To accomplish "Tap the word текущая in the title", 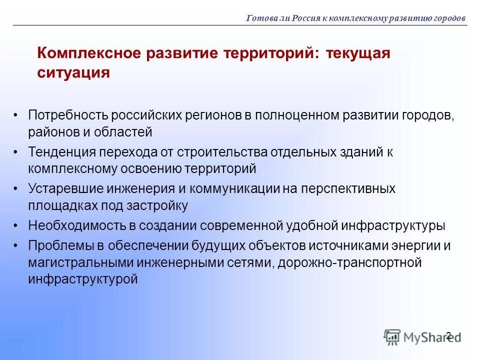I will click(x=357, y=53).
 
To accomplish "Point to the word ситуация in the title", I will click(x=73, y=73).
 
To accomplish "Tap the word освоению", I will click(x=152, y=169).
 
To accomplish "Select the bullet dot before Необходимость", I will click(x=16, y=225).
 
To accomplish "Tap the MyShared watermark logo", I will click(x=422, y=336).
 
